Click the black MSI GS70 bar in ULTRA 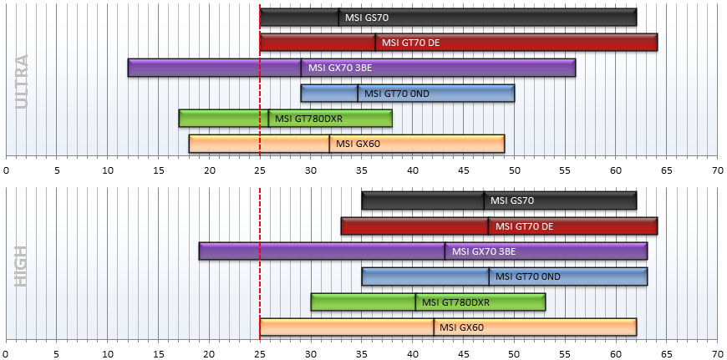448,18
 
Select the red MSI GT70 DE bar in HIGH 499,226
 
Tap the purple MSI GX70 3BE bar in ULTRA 352,68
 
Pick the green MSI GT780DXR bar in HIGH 428,302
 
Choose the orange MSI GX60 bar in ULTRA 347,144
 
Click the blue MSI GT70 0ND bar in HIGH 505,276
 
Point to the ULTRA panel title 22,82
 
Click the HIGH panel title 22,266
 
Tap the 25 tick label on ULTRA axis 260,170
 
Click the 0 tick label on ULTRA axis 6,170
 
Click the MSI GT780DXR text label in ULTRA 308,119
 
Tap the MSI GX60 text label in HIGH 461,327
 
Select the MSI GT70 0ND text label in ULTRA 396,94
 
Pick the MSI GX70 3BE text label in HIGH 484,251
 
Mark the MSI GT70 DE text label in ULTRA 410,43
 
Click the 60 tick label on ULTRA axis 616,170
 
